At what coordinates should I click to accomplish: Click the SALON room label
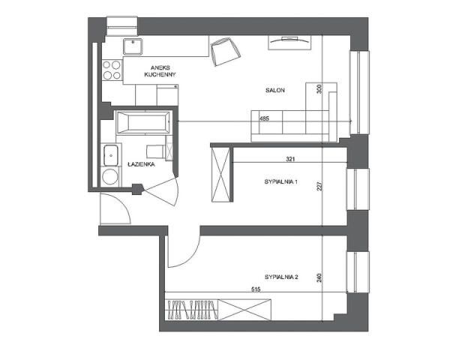pos(275,90)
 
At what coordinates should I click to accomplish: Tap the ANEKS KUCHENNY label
pos(160,71)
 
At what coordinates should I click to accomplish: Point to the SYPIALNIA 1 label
pos(280,181)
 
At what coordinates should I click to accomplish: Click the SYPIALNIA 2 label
pos(281,277)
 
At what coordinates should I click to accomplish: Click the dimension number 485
pos(264,118)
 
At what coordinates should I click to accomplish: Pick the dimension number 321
pos(290,159)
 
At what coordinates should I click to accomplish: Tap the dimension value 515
pos(256,289)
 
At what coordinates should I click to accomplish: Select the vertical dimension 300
pos(319,88)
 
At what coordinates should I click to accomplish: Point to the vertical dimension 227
pos(320,186)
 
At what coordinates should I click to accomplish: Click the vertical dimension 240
pos(319,277)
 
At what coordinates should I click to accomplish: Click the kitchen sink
pos(133,46)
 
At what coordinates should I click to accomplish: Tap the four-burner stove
pos(112,70)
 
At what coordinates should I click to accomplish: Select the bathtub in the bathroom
pos(143,123)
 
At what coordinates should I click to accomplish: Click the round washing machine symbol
pos(110,176)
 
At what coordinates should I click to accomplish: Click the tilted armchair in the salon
pos(225,52)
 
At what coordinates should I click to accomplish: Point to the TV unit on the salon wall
pos(289,43)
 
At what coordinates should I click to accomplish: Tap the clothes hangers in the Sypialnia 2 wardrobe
pos(191,310)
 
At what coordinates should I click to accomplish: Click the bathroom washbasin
pos(110,155)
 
